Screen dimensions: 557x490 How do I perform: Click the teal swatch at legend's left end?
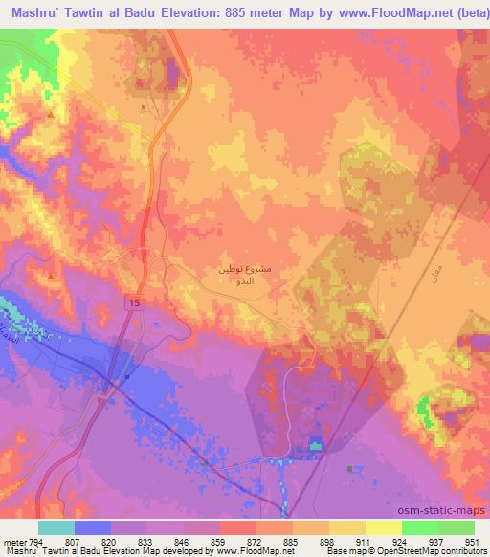[56, 527]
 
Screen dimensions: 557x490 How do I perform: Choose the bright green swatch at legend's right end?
[456, 527]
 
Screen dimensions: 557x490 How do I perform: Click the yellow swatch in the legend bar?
[345, 527]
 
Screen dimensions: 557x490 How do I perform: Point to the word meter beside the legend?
[11, 541]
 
